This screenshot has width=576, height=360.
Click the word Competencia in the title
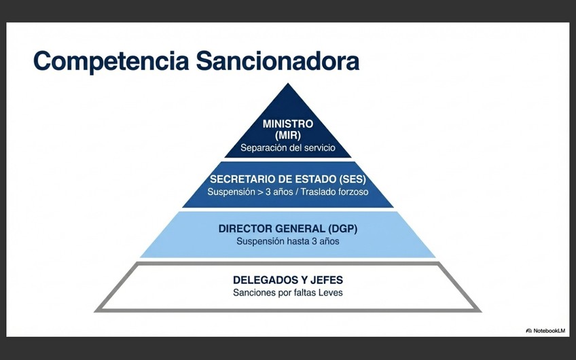pos(111,60)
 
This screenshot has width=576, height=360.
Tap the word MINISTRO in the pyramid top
pos(288,124)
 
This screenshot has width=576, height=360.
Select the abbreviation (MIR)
pos(288,135)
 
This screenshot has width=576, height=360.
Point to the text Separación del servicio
pos(288,147)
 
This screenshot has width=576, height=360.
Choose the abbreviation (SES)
pos(350,180)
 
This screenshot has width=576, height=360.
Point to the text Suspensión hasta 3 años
pos(288,240)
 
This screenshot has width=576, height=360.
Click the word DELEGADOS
pos(263,280)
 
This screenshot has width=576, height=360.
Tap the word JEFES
pos(325,280)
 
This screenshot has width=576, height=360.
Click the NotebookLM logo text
pos(550,331)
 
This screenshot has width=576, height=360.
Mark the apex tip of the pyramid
pos(288,84)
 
